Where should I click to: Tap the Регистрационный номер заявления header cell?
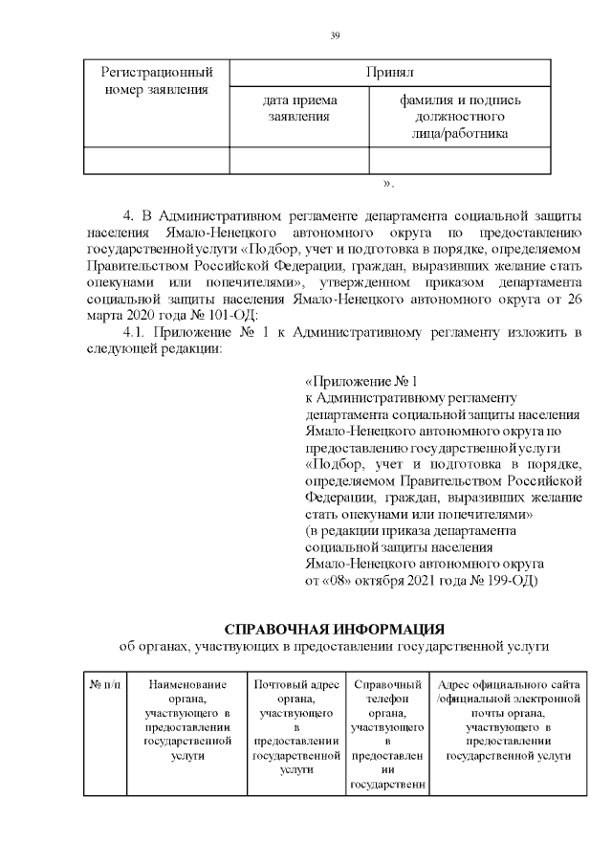point(156,81)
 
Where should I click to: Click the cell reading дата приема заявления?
point(298,108)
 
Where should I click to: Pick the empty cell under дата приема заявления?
point(298,160)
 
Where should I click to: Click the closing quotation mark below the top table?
point(386,182)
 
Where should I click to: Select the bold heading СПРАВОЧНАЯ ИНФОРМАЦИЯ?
point(334,629)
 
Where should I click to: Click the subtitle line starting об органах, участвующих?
point(334,648)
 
